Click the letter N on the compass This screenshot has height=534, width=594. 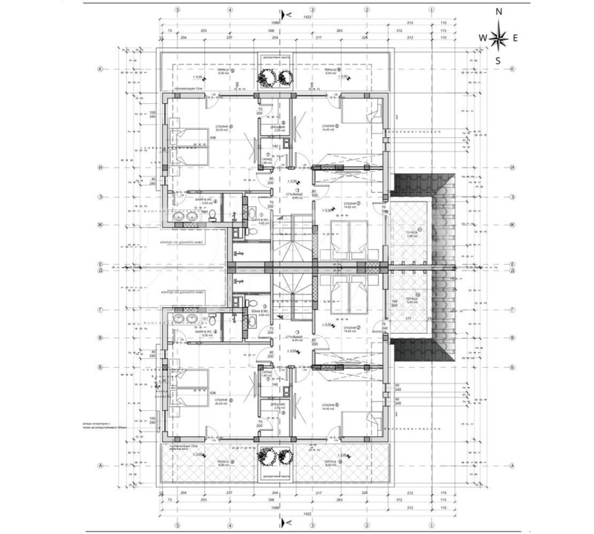(500, 13)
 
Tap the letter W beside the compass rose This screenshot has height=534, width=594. (482, 37)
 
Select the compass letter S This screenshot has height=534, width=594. (500, 61)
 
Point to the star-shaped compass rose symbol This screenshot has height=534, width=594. (500, 36)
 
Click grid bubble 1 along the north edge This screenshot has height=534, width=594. (432, 10)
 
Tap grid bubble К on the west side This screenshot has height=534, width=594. (99, 69)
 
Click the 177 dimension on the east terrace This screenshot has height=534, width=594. (408, 317)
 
